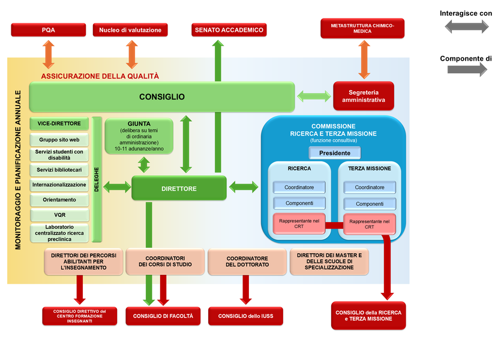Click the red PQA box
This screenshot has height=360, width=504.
click(x=49, y=29)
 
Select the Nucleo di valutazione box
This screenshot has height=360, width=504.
click(x=130, y=29)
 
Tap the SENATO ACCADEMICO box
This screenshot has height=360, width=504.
click(x=229, y=29)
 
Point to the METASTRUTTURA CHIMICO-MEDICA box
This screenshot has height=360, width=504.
click(x=363, y=28)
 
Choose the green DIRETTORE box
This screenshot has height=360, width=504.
click(x=179, y=188)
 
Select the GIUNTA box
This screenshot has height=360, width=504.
click(x=139, y=135)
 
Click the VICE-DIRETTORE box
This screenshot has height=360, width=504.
click(x=59, y=124)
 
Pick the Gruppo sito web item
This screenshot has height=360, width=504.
click(x=59, y=139)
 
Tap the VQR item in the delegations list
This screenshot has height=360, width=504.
click(x=59, y=214)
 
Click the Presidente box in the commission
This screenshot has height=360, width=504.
click(x=335, y=152)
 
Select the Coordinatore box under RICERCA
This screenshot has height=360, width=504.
click(x=299, y=187)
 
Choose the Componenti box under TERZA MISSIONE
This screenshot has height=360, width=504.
click(x=370, y=203)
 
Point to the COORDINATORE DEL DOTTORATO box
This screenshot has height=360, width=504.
click(x=247, y=261)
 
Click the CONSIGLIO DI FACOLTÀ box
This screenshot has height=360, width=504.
click(x=163, y=316)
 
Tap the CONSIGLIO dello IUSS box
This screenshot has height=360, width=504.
click(x=245, y=316)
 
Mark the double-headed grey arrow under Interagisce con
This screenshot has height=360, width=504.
click(x=466, y=26)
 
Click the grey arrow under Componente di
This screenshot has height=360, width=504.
click(x=467, y=70)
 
